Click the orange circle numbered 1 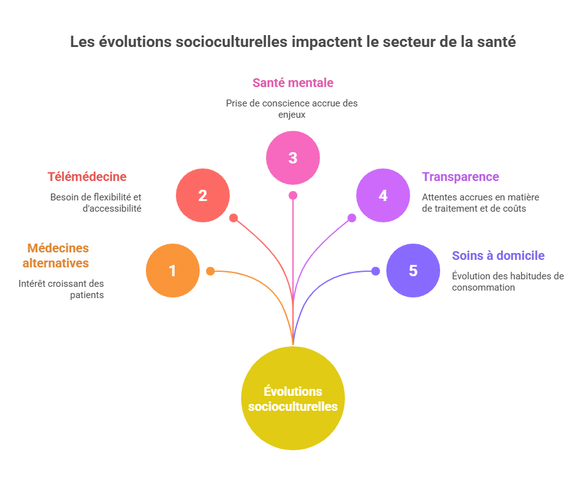point(172,271)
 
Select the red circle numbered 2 point(202,195)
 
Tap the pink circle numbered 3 point(292,158)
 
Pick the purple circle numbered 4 point(383,195)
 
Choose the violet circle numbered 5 point(413,271)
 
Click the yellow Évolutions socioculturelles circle point(292,398)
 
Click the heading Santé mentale point(292,83)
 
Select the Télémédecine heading point(87,177)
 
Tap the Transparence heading point(460,177)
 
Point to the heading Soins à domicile point(498,256)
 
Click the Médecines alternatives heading point(56,256)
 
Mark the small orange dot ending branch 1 point(210,271)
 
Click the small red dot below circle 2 point(234,218)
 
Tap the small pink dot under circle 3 point(292,195)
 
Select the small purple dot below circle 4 point(352,218)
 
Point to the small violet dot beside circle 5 point(375,271)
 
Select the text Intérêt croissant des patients point(61,289)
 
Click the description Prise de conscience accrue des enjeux point(292,108)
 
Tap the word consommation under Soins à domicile point(483,287)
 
